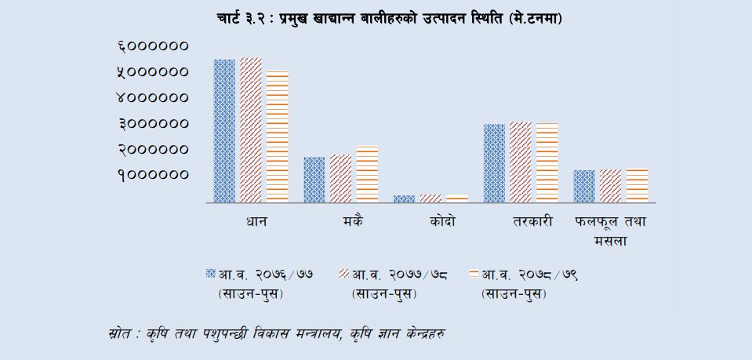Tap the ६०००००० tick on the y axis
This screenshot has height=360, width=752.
[x=153, y=46]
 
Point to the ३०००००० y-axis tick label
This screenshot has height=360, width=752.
[x=153, y=124]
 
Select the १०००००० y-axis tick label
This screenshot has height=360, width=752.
[x=153, y=175]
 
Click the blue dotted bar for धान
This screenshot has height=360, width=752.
[x=224, y=131]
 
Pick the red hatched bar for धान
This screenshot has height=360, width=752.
[x=250, y=130]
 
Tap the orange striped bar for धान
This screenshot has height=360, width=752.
[x=278, y=136]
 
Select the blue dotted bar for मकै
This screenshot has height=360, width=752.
[x=314, y=180]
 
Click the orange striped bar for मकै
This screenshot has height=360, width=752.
[x=367, y=174]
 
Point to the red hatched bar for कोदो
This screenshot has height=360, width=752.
[x=430, y=198]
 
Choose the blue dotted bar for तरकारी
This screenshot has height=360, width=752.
[x=494, y=163]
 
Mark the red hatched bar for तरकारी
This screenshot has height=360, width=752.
[x=520, y=162]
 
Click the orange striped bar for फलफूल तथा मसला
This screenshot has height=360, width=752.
[x=637, y=186]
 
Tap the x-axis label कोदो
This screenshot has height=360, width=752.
[x=441, y=222]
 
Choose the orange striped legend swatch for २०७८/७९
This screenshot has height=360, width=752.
[x=472, y=275]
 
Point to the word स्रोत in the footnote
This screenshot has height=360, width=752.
[x=120, y=333]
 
